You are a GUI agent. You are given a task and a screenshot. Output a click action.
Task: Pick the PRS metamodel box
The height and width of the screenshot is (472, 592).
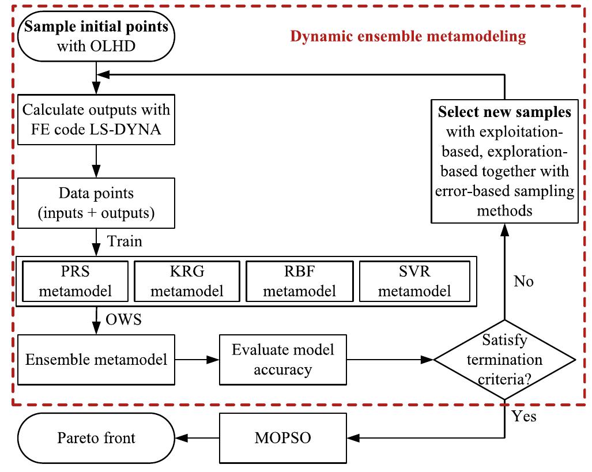(x=75, y=281)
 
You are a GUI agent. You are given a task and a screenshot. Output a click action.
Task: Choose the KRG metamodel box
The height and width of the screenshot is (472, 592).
(x=187, y=281)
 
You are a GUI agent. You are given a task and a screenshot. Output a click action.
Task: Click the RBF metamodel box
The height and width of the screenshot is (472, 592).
(x=300, y=281)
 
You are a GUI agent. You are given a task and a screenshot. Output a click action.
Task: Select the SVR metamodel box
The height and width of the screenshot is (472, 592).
(x=413, y=281)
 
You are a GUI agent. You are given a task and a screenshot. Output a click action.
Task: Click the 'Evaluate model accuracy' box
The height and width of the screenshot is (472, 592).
(x=282, y=360)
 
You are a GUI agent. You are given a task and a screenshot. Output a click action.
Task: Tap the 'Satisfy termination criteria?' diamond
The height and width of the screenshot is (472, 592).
(x=504, y=360)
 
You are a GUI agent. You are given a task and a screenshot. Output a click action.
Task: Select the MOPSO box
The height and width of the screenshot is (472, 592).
(x=282, y=437)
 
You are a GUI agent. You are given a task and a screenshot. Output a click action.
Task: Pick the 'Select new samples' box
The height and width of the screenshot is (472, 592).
(x=504, y=161)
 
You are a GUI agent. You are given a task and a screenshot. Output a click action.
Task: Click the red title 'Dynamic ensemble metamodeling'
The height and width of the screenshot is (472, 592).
(x=408, y=37)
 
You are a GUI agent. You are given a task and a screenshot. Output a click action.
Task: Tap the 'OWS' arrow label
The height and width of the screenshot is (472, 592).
(x=123, y=319)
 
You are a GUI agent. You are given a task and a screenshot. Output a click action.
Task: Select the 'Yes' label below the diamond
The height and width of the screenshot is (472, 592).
(x=523, y=416)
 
